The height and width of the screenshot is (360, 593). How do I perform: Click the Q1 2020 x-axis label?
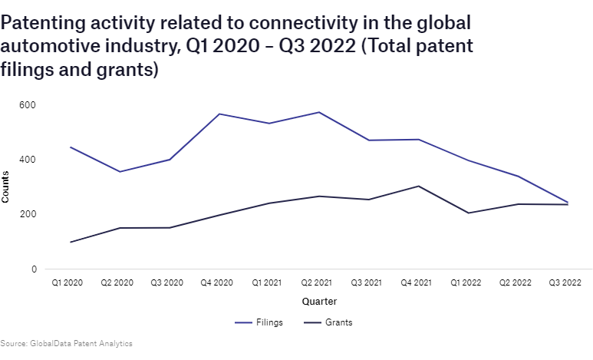point(68,283)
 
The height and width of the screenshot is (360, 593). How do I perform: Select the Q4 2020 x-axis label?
point(217,283)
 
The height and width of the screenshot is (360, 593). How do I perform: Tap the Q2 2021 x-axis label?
point(317,283)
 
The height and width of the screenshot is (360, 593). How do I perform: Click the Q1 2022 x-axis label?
point(466,283)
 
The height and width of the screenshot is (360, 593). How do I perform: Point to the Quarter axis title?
point(318,302)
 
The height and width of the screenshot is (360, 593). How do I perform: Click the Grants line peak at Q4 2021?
point(417,186)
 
